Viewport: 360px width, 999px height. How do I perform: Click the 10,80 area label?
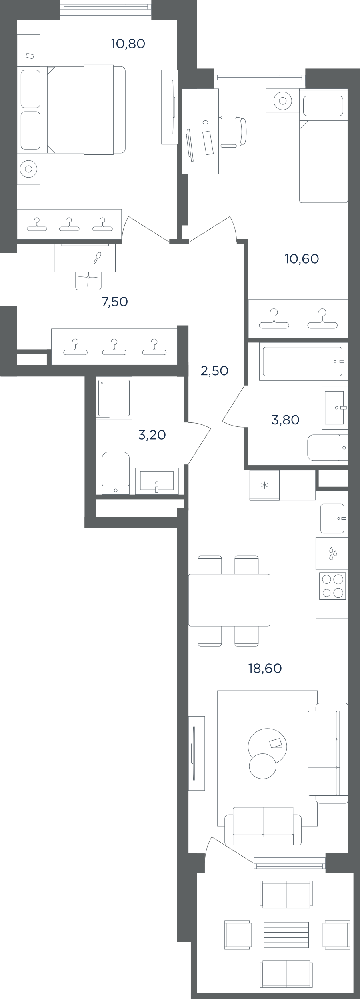pos(128,44)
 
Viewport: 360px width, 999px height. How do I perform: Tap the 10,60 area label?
pos(302,259)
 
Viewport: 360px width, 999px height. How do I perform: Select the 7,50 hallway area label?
pos(115,302)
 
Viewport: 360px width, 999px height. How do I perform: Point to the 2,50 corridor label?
pos(214,371)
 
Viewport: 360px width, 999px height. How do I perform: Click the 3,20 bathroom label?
pos(152,435)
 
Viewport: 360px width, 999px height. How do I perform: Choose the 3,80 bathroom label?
pos(285,420)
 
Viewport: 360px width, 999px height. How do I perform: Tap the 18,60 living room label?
pos(265,668)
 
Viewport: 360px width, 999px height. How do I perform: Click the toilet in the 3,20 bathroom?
pos(116,473)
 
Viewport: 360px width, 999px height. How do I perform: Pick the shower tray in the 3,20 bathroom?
pos(114,398)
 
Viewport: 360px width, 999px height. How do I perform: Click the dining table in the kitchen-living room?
pos(229,600)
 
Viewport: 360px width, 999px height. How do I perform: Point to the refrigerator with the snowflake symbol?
pos(264,485)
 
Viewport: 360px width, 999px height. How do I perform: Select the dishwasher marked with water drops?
pos(332,554)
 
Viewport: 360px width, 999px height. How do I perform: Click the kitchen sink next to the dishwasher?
pos(332,519)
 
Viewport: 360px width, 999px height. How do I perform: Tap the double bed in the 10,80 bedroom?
pos(86,110)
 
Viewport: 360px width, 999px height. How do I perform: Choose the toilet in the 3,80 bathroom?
pos(328,448)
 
